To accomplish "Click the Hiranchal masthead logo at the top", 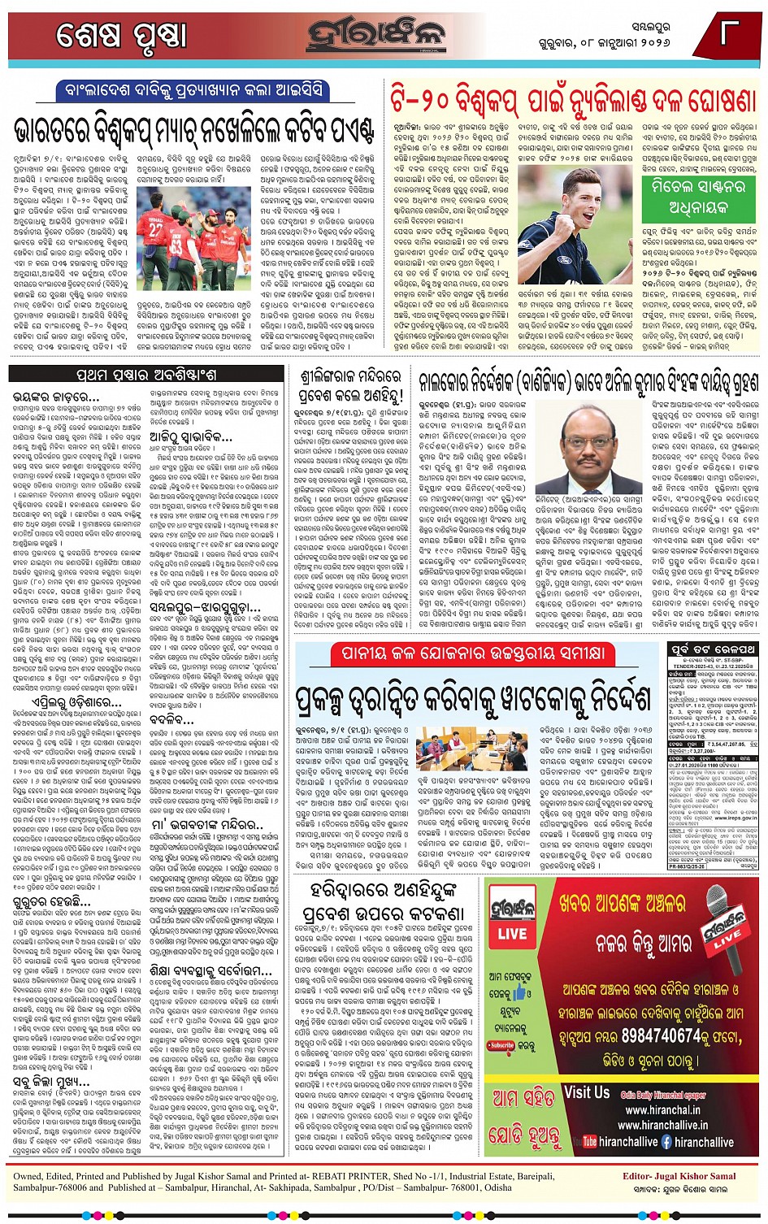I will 375,35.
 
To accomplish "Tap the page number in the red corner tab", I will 729,33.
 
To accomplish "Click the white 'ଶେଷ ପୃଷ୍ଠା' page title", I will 122,35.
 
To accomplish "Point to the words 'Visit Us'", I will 586,1092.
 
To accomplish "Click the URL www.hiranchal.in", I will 662,1109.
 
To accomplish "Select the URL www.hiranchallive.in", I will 662,1125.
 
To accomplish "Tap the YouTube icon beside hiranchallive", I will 590,1141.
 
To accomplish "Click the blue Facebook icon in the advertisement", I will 666,1141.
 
